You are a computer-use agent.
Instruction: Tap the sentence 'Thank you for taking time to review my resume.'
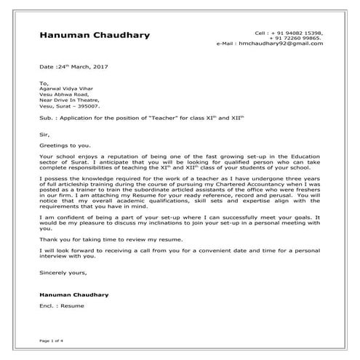point(110,239)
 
